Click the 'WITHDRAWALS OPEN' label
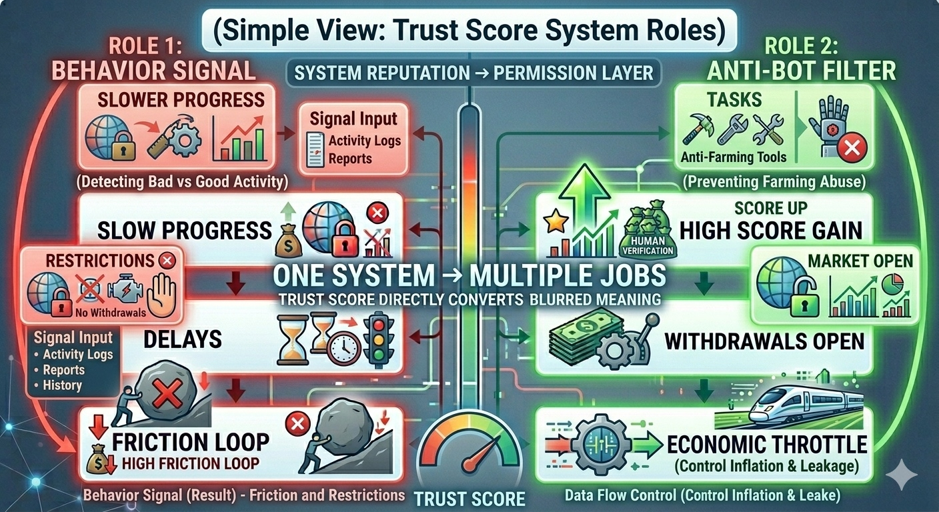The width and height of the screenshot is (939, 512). point(764,342)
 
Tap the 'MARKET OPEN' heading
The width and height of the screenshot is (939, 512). point(860,261)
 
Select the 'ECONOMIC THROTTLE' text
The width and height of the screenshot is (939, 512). point(767,444)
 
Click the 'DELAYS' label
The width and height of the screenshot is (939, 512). point(183,339)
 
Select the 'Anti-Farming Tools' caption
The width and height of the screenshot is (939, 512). point(734,157)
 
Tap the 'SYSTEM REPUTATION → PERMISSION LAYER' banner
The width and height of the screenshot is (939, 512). point(474,72)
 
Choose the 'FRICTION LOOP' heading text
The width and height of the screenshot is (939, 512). point(190,441)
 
